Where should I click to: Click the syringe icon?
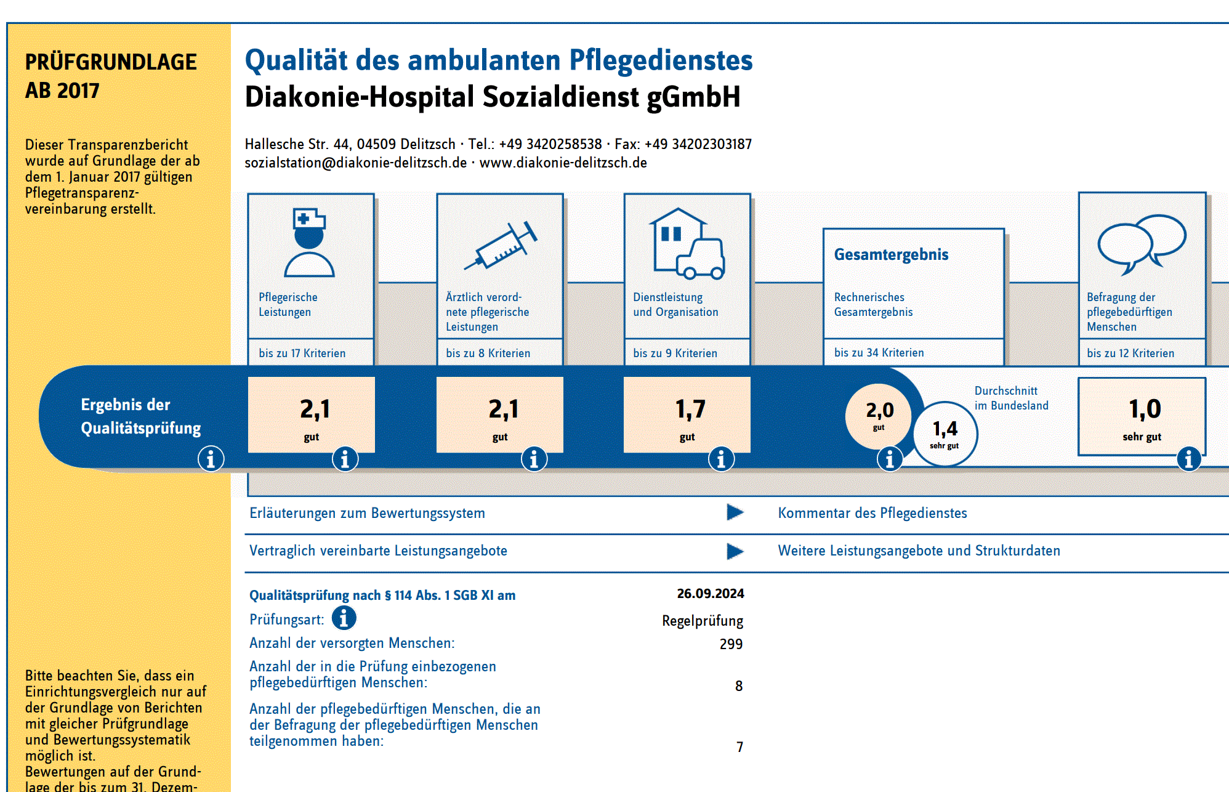501,245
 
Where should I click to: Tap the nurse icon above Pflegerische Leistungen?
309,242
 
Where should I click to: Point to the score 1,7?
690,410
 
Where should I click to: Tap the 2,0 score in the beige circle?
879,410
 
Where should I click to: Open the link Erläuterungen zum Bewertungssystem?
367,513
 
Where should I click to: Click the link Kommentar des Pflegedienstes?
872,513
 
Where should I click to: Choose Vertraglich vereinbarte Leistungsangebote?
378,551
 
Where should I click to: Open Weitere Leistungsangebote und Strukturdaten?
919,551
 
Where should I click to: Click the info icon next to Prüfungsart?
344,618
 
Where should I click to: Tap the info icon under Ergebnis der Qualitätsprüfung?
211,459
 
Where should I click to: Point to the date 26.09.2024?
711,594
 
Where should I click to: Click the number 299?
731,644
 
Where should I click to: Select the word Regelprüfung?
703,621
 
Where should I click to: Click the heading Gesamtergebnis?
891,254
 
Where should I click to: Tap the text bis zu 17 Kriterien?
302,354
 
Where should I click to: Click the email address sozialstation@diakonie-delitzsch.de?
355,163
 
